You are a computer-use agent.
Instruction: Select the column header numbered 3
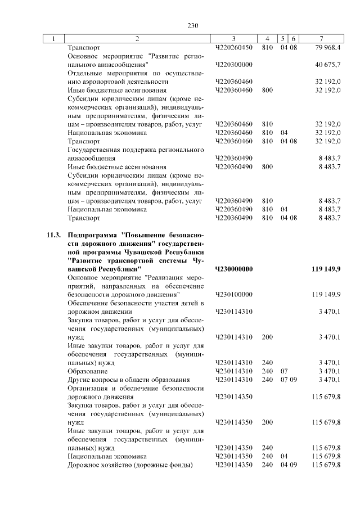[x=233, y=39]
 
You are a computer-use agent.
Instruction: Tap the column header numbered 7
[x=320, y=39]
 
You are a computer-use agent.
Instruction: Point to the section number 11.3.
[x=54, y=235]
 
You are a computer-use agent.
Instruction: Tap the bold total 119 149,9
[x=326, y=269]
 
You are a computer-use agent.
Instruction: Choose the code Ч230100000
[x=233, y=295]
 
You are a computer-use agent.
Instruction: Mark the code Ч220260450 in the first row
[x=233, y=47]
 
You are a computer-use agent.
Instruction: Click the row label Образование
[x=84, y=371]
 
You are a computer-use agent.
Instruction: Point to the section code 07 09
[x=287, y=380]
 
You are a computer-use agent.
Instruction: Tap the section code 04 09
[x=287, y=465]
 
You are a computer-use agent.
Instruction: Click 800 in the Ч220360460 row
[x=267, y=90]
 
